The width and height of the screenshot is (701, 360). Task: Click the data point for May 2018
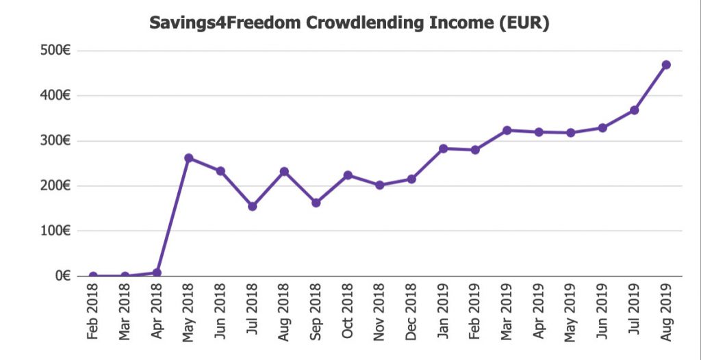(189, 158)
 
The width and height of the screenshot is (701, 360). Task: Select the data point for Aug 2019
(665, 65)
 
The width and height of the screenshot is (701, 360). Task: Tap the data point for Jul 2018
(253, 206)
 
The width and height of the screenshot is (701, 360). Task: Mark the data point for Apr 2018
(157, 272)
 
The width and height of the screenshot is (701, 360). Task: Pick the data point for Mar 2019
(507, 130)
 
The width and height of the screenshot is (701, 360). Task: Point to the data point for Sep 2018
(316, 203)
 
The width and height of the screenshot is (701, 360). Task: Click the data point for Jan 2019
(443, 149)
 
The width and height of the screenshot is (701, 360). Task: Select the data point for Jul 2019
(634, 110)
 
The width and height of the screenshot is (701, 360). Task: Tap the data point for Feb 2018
(93, 276)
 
